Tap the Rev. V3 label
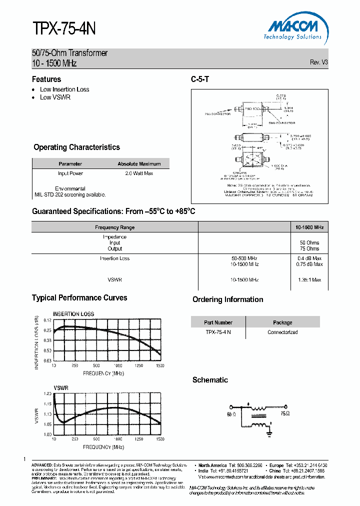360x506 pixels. coord(318,62)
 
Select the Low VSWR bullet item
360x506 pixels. coord(55,97)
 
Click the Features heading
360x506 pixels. coord(46,79)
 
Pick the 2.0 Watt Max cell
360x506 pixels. coord(139,173)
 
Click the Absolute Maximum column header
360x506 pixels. coord(139,163)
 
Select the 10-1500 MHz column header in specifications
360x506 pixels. coord(309,227)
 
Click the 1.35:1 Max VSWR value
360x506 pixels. coord(309,280)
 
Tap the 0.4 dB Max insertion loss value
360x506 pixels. coord(310,258)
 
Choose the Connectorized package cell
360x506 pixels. coord(282,332)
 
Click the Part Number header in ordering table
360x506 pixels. coord(218,322)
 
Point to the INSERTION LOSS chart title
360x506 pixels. coord(73,314)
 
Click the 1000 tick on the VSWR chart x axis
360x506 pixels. coord(117,438)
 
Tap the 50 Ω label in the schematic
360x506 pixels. coord(230,414)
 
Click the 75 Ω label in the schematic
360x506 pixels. coord(285,414)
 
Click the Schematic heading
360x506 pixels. coord(210,380)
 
